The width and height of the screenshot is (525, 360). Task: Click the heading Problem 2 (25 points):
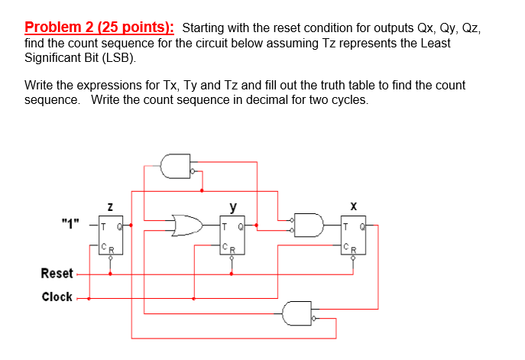point(99,28)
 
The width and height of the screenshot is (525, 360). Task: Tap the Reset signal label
point(57,273)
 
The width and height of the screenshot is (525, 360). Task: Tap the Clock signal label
point(57,297)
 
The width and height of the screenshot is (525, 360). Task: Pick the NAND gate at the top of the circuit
point(177,166)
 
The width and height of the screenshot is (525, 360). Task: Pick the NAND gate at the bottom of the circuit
point(297,313)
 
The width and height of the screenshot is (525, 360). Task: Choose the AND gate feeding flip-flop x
point(309,225)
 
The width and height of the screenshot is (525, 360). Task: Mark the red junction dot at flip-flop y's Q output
point(256,225)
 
